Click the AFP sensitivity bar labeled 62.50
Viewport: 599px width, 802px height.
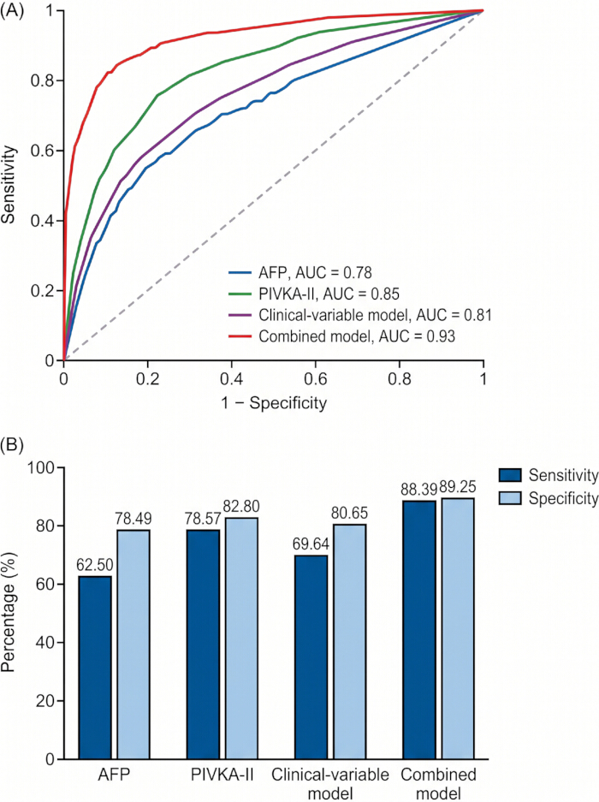click(95, 668)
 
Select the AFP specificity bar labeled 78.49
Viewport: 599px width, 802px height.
click(133, 645)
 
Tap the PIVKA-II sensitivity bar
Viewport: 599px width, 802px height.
click(203, 645)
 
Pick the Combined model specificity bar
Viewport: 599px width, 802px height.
click(458, 628)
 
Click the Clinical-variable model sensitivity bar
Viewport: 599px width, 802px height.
click(311, 657)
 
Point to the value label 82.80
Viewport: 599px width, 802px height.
click(241, 507)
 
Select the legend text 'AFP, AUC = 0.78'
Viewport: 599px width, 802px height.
click(315, 273)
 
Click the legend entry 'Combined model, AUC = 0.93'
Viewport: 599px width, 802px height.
click(357, 336)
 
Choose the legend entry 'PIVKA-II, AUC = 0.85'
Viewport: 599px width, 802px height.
click(329, 294)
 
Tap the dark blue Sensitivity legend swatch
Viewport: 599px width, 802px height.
click(510, 475)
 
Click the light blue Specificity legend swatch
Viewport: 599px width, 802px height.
click(510, 497)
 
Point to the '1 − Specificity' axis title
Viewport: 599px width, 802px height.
click(274, 403)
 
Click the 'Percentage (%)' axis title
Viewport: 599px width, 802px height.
click(9, 613)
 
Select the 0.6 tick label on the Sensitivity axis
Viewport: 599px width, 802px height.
click(43, 151)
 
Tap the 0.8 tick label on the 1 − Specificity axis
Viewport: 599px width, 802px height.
click(400, 379)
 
